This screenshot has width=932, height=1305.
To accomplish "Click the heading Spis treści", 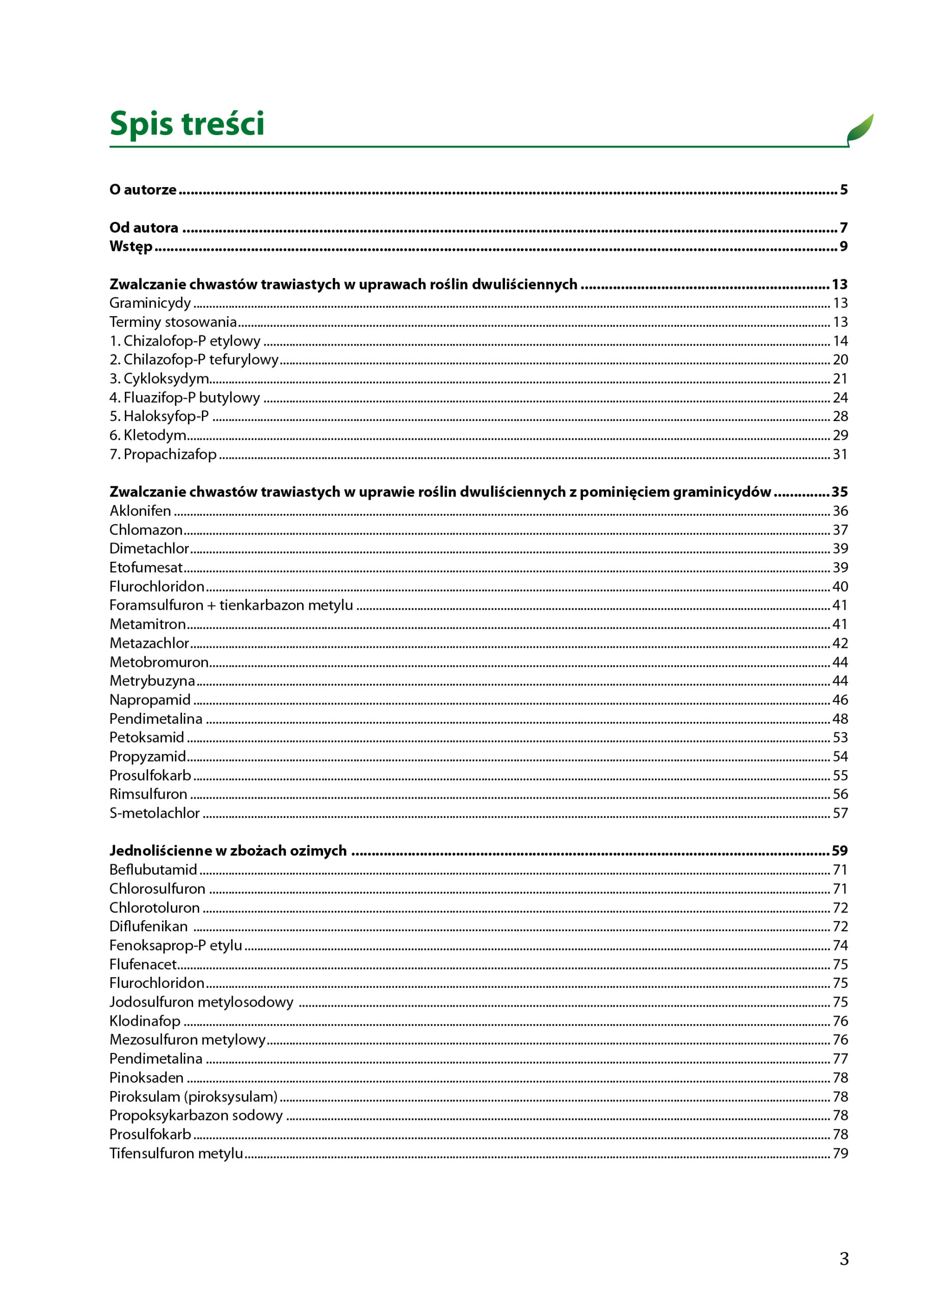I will tap(187, 123).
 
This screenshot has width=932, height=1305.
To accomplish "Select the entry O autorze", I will tap(143, 190).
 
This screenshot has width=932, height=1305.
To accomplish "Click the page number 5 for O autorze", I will tap(844, 190).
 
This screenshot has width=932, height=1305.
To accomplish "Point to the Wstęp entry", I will tap(131, 246).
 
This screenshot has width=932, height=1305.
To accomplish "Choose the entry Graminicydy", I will tap(150, 303).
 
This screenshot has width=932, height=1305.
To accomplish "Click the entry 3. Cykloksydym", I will tap(159, 378).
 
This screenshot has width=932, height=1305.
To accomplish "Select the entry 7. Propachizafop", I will tap(163, 454).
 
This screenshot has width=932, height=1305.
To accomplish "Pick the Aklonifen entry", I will tap(140, 511).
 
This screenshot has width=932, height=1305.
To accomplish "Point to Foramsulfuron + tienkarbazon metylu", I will tap(231, 605).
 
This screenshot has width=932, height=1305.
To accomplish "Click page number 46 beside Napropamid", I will tap(840, 700).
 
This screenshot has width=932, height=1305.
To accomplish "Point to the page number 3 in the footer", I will tap(844, 1259).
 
